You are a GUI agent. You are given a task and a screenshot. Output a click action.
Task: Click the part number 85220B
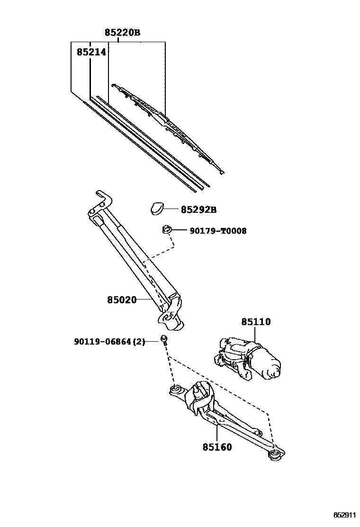122,32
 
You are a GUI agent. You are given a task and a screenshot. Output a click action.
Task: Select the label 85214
91,52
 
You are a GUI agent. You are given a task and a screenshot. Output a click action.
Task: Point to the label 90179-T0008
218,231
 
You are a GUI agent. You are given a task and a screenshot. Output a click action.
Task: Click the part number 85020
122,300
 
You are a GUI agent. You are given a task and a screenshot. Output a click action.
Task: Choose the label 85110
256,322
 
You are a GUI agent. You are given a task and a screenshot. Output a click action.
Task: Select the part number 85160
217,446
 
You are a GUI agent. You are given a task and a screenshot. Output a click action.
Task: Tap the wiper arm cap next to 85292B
157,208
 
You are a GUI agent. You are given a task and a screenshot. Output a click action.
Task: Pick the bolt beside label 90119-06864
164,339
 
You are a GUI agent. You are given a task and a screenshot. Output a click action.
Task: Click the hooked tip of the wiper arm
101,197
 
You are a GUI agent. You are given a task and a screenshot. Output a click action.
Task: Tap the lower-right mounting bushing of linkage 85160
274,456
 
